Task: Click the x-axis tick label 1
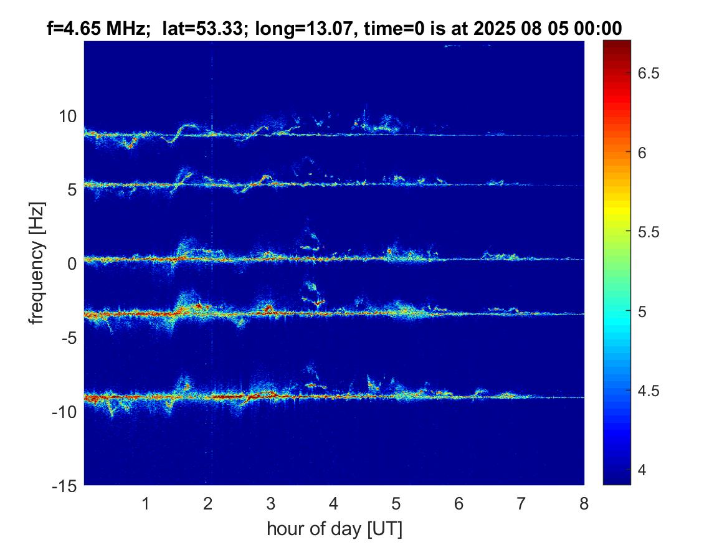tap(146, 503)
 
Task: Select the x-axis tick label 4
tap(334, 503)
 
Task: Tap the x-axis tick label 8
tap(584, 503)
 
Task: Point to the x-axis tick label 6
tap(459, 503)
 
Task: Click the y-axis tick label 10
tap(68, 116)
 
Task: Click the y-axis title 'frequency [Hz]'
tap(39, 263)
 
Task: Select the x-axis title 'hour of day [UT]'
tap(334, 529)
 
